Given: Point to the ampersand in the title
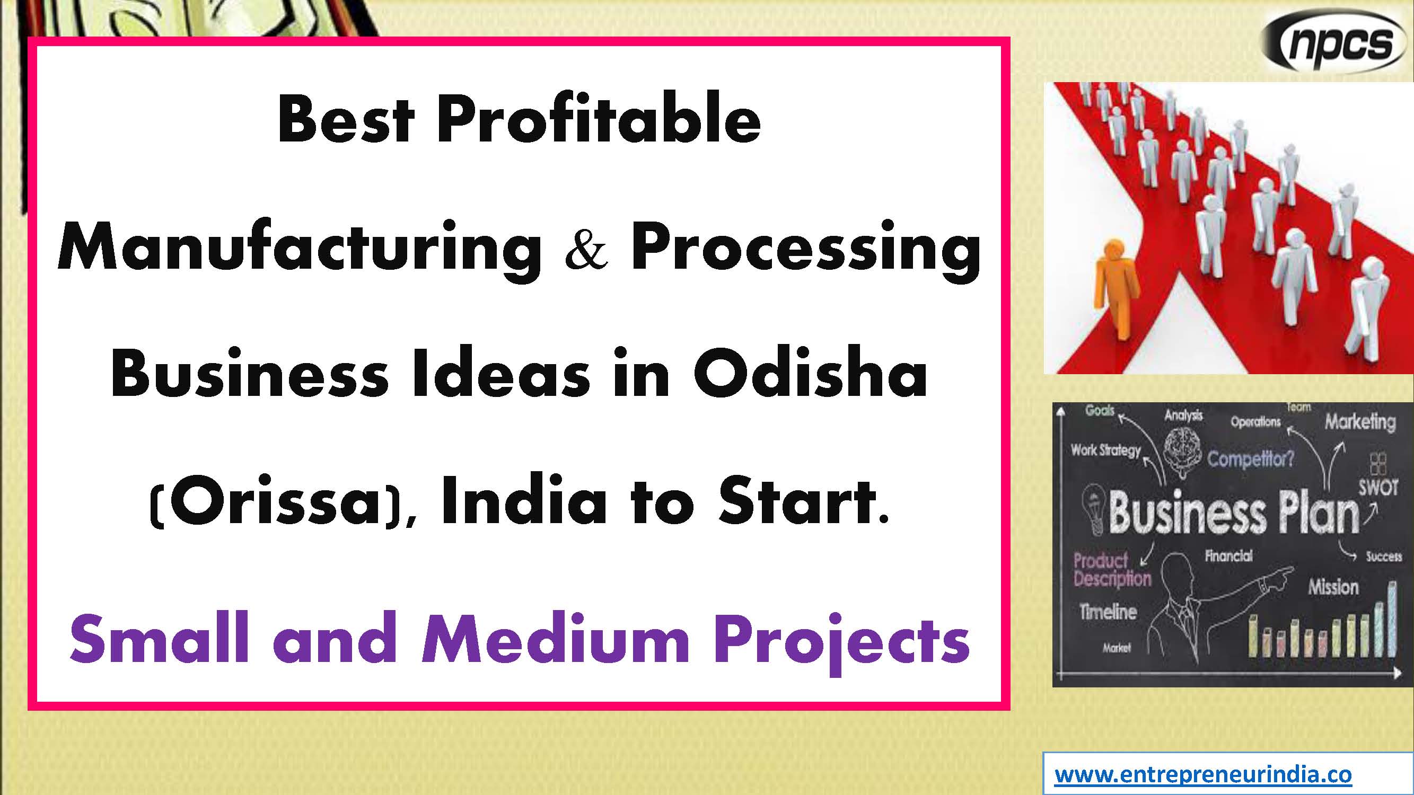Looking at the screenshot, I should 587,250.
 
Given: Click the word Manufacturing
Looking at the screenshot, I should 299,250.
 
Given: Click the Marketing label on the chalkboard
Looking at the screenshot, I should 1360,422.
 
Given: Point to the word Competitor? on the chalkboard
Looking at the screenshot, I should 1250,458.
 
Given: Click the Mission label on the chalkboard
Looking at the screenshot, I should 1333,588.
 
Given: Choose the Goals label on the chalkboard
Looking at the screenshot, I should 1100,410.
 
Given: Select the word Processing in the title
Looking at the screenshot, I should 805,250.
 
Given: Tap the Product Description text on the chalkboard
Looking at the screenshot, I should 1112,570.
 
